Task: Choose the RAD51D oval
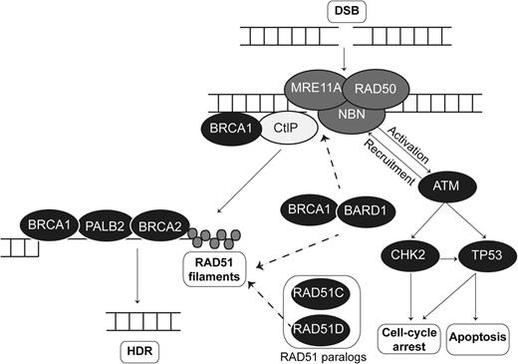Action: click(318, 327)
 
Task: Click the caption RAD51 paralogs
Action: click(318, 355)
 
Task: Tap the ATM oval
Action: click(439, 185)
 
